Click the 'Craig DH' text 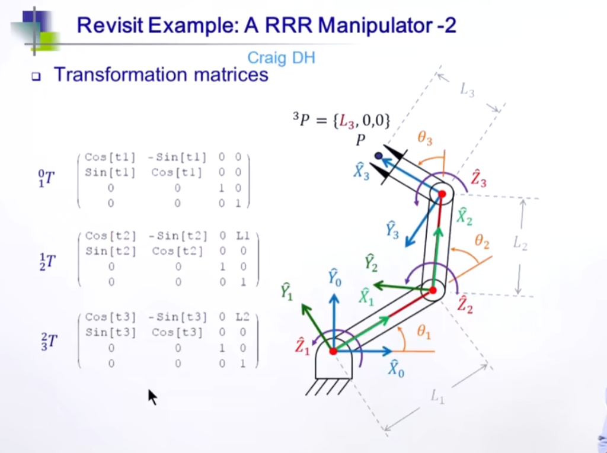[x=281, y=57]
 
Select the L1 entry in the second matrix [x=243, y=237]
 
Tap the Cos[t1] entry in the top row [x=110, y=158]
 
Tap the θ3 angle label [x=425, y=140]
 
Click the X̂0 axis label [x=396, y=368]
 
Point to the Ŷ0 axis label [x=335, y=276]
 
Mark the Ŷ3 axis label [x=392, y=230]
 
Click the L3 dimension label [x=467, y=90]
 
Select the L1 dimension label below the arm [x=438, y=398]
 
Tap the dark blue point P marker [x=378, y=156]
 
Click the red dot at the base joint [x=333, y=351]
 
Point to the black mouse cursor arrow [x=152, y=397]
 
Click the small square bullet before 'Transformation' [x=36, y=77]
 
